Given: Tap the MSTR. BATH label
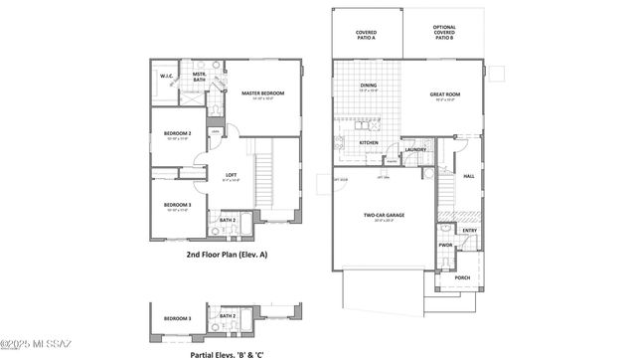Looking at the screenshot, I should click(200, 77).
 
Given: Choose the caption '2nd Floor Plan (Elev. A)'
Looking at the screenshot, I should click(227, 255).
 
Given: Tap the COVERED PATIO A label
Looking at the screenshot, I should click(367, 35).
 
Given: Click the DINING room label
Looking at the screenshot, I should click(367, 86).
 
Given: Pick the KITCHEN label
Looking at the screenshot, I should click(369, 142).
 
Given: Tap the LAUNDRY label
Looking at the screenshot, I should click(415, 150).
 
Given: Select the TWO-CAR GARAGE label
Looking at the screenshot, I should click(382, 216).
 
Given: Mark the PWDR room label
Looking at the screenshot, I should click(446, 244).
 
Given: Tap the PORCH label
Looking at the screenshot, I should click(462, 277).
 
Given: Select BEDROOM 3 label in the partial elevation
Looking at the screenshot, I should click(178, 317).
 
